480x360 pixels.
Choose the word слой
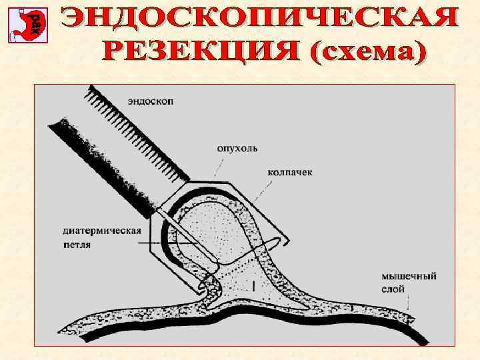pyautogui.click(x=393, y=289)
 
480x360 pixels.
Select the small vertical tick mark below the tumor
pyautogui.click(x=254, y=287)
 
